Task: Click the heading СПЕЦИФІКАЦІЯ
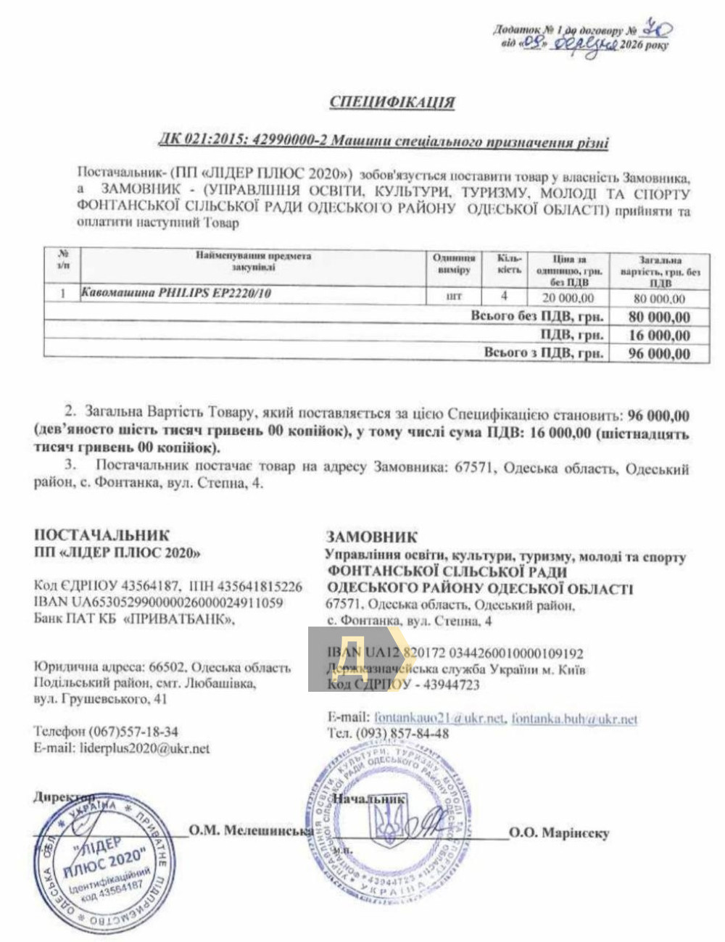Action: click(x=392, y=102)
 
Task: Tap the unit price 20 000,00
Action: click(x=568, y=297)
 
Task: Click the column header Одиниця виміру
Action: click(x=454, y=263)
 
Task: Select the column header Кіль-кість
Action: click(x=509, y=263)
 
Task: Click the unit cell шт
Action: click(x=454, y=296)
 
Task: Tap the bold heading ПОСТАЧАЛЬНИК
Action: click(x=101, y=535)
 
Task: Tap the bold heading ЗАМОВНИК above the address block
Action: click(x=372, y=537)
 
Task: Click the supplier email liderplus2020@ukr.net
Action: click(x=143, y=748)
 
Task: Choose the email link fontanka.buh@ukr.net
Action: click(x=574, y=719)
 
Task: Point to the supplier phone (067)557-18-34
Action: click(x=133, y=731)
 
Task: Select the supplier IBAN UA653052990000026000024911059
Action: click(x=158, y=602)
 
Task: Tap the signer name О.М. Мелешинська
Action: click(x=251, y=830)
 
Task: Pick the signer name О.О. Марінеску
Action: click(x=558, y=833)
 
